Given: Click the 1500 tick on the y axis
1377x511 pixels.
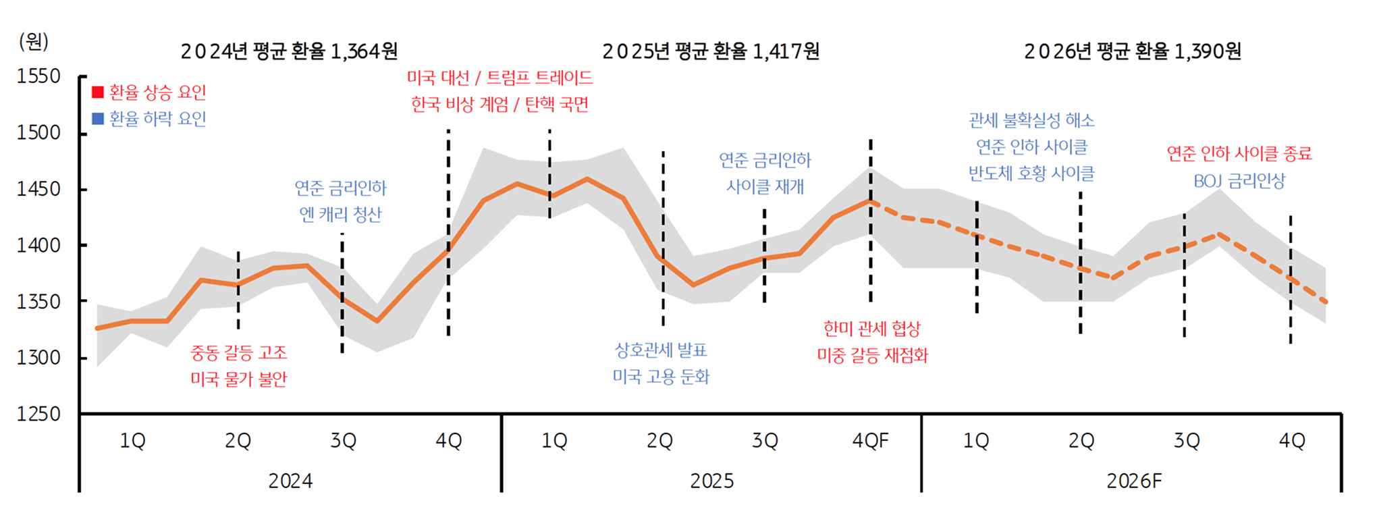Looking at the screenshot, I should coord(38,133).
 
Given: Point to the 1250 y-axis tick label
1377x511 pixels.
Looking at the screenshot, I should coord(38,413).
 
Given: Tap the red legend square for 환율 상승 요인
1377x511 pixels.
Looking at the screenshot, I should coord(98,92).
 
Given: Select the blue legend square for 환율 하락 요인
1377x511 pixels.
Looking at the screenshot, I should coord(98,119).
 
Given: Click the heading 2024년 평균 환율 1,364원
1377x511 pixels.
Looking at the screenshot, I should coord(289,51).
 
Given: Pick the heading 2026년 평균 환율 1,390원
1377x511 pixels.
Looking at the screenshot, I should coord(1132,51).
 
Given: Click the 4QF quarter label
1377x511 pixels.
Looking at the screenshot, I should coord(870,441).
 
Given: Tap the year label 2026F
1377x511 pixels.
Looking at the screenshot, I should coord(1133,481).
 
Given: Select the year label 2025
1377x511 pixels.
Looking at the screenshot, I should coord(711,481).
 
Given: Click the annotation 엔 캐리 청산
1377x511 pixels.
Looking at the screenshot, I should coord(340,215).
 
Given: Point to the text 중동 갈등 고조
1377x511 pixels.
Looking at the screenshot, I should coord(238,352).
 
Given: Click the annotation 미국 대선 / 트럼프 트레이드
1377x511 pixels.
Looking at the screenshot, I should coord(500,78).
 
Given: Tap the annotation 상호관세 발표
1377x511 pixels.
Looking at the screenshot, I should coord(660,350).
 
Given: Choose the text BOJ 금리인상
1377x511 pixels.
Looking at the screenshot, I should coord(1239,181).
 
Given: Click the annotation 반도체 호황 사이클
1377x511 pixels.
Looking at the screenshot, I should coord(1031,173).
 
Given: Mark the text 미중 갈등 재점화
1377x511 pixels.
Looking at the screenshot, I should coord(872,355).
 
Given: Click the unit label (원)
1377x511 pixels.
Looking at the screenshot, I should coord(33,42).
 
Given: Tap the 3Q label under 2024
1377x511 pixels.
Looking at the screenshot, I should coord(343,441).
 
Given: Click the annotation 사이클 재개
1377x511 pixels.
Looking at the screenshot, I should coord(765,186).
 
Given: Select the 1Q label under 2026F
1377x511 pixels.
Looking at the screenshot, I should coord(975,441).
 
